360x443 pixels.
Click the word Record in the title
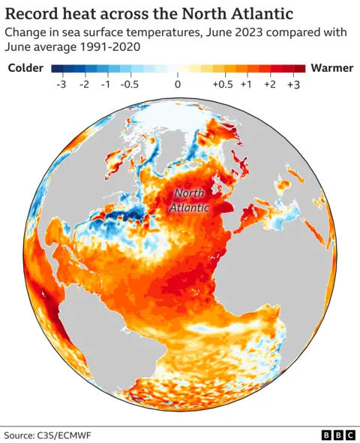click(x=31, y=13)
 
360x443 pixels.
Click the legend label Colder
click(x=26, y=68)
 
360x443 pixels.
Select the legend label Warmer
click(x=331, y=68)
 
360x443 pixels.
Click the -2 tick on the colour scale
click(x=84, y=85)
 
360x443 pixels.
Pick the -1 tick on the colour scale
click(x=106, y=85)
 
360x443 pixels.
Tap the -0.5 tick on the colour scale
click(x=131, y=85)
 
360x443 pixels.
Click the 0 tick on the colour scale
click(x=178, y=85)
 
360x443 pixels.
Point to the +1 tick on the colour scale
click(x=246, y=85)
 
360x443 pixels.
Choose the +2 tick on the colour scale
click(x=270, y=85)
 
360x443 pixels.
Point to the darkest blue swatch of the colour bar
click(x=56, y=68)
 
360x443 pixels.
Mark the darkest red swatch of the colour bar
click(x=298, y=68)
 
